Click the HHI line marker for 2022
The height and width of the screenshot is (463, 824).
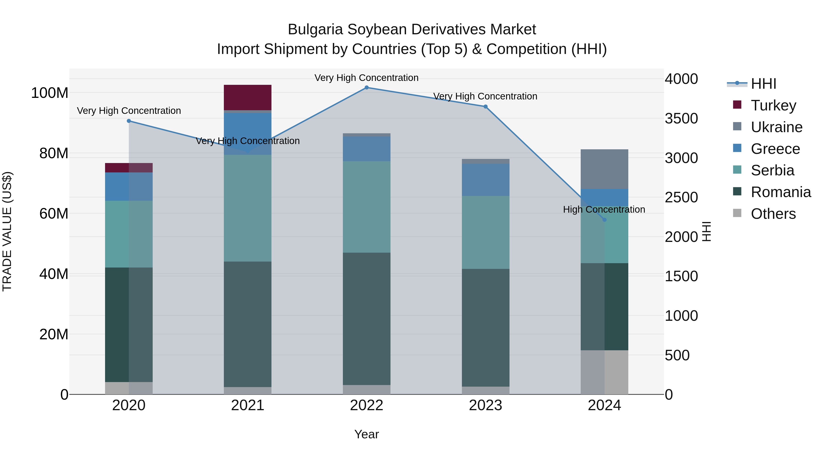point(367,88)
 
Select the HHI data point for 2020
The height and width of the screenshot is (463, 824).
point(129,121)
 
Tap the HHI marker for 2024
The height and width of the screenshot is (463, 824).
point(604,220)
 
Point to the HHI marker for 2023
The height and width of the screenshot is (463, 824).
point(485,107)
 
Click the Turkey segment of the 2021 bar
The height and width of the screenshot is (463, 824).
point(248,97)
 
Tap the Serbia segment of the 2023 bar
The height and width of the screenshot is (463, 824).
point(485,232)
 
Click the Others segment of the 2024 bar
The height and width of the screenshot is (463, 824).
point(604,372)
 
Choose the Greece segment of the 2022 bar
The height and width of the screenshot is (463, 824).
point(367,149)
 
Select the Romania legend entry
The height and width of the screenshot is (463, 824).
point(781,192)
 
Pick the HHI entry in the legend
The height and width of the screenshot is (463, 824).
point(763,84)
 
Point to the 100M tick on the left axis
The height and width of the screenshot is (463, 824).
point(50,93)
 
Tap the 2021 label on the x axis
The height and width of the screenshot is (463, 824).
point(248,405)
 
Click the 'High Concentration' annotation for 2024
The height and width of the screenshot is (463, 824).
point(604,210)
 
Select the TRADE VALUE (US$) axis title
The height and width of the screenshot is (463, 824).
point(7,231)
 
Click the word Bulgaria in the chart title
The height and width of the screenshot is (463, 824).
point(315,29)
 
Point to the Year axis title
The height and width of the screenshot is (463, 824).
point(367,434)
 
